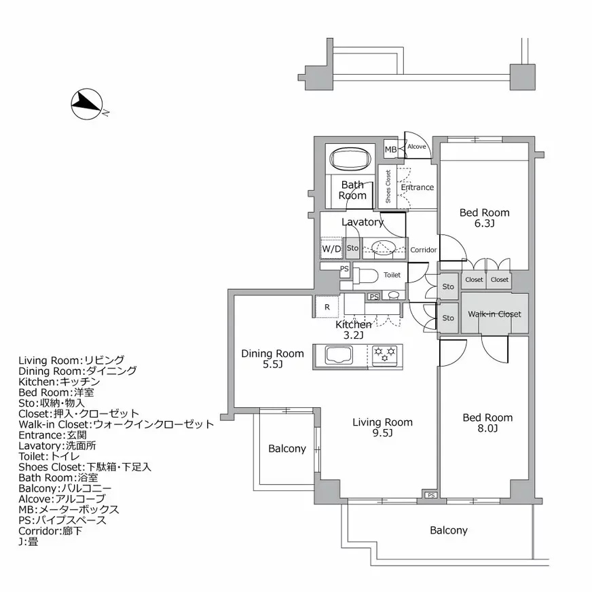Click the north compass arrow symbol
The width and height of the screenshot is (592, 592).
tap(86, 103)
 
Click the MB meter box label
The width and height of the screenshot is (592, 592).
tap(390, 149)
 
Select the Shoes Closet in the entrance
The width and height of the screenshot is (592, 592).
tap(388, 186)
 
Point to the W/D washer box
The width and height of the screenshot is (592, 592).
tap(332, 249)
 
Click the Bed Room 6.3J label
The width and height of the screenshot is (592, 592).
tap(484, 218)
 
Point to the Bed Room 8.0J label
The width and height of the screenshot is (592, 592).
tap(487, 423)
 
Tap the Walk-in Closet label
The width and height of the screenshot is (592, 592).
tap(494, 314)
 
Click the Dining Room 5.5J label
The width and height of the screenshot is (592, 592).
tap(273, 359)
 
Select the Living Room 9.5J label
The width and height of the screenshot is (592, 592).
tap(382, 428)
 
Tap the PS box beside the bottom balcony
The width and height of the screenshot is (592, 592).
tap(431, 495)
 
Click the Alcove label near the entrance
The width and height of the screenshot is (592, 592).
tap(416, 147)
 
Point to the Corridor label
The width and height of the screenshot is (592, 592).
tap(424, 250)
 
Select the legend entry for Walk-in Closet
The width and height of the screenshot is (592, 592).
tap(116, 424)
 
